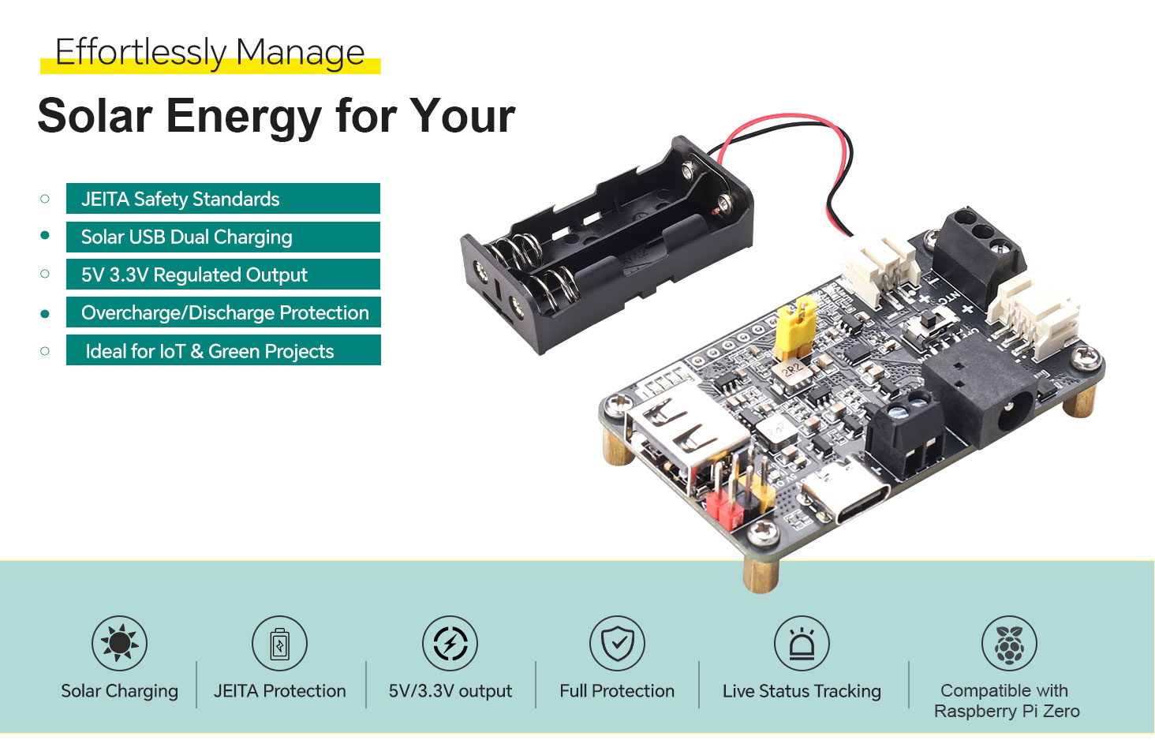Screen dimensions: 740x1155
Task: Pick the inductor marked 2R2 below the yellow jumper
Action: pyautogui.click(x=792, y=372)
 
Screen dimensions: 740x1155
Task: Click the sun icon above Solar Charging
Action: pyautogui.click(x=119, y=643)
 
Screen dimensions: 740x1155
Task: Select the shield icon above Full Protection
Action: pyautogui.click(x=617, y=643)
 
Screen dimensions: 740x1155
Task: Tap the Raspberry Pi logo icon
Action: pyautogui.click(x=1009, y=643)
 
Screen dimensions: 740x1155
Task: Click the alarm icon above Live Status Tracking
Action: pyautogui.click(x=802, y=643)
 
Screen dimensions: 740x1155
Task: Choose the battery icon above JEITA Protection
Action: pyautogui.click(x=279, y=643)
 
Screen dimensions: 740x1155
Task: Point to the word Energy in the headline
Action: pyautogui.click(x=244, y=116)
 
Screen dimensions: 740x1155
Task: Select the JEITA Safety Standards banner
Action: pyautogui.click(x=222, y=199)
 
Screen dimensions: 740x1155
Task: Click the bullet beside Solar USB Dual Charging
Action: pyautogui.click(x=45, y=236)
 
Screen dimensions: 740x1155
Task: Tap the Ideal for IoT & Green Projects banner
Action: pyautogui.click(x=222, y=351)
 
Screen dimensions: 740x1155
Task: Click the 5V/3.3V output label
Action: pyautogui.click(x=450, y=691)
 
